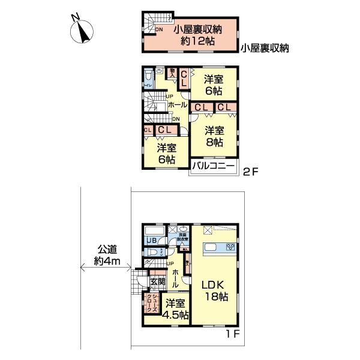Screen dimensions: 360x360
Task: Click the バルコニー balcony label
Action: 214,167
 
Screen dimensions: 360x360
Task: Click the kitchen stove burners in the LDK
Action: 230,247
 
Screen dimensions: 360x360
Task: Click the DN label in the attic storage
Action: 158,29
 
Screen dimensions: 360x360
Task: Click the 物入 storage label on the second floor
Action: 172,74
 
